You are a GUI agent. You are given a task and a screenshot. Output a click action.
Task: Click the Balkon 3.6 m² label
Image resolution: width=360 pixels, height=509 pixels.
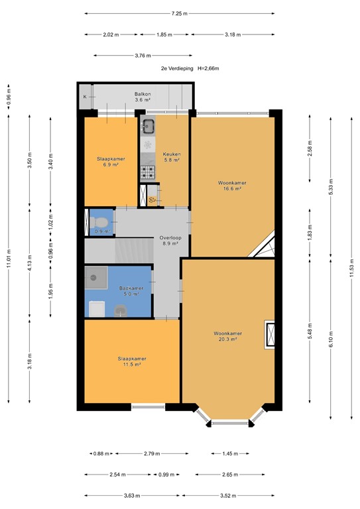point(143,97)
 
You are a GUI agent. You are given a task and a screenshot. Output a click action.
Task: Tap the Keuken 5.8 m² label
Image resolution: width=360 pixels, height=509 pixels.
point(172,158)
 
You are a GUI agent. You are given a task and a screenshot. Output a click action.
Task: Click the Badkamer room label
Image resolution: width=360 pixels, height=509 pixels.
point(131,291)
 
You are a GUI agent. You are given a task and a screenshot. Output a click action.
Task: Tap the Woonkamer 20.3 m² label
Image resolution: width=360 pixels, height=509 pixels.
point(227,336)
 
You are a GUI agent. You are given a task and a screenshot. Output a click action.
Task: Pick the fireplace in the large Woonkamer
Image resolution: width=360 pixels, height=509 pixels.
point(270,335)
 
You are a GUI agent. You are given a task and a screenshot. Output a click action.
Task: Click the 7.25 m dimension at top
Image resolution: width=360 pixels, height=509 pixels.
point(179,13)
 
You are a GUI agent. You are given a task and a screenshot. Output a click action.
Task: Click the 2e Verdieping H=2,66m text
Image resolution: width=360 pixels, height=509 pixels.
point(190,68)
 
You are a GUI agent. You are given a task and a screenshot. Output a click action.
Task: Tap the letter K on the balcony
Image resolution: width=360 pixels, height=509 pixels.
point(85,97)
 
